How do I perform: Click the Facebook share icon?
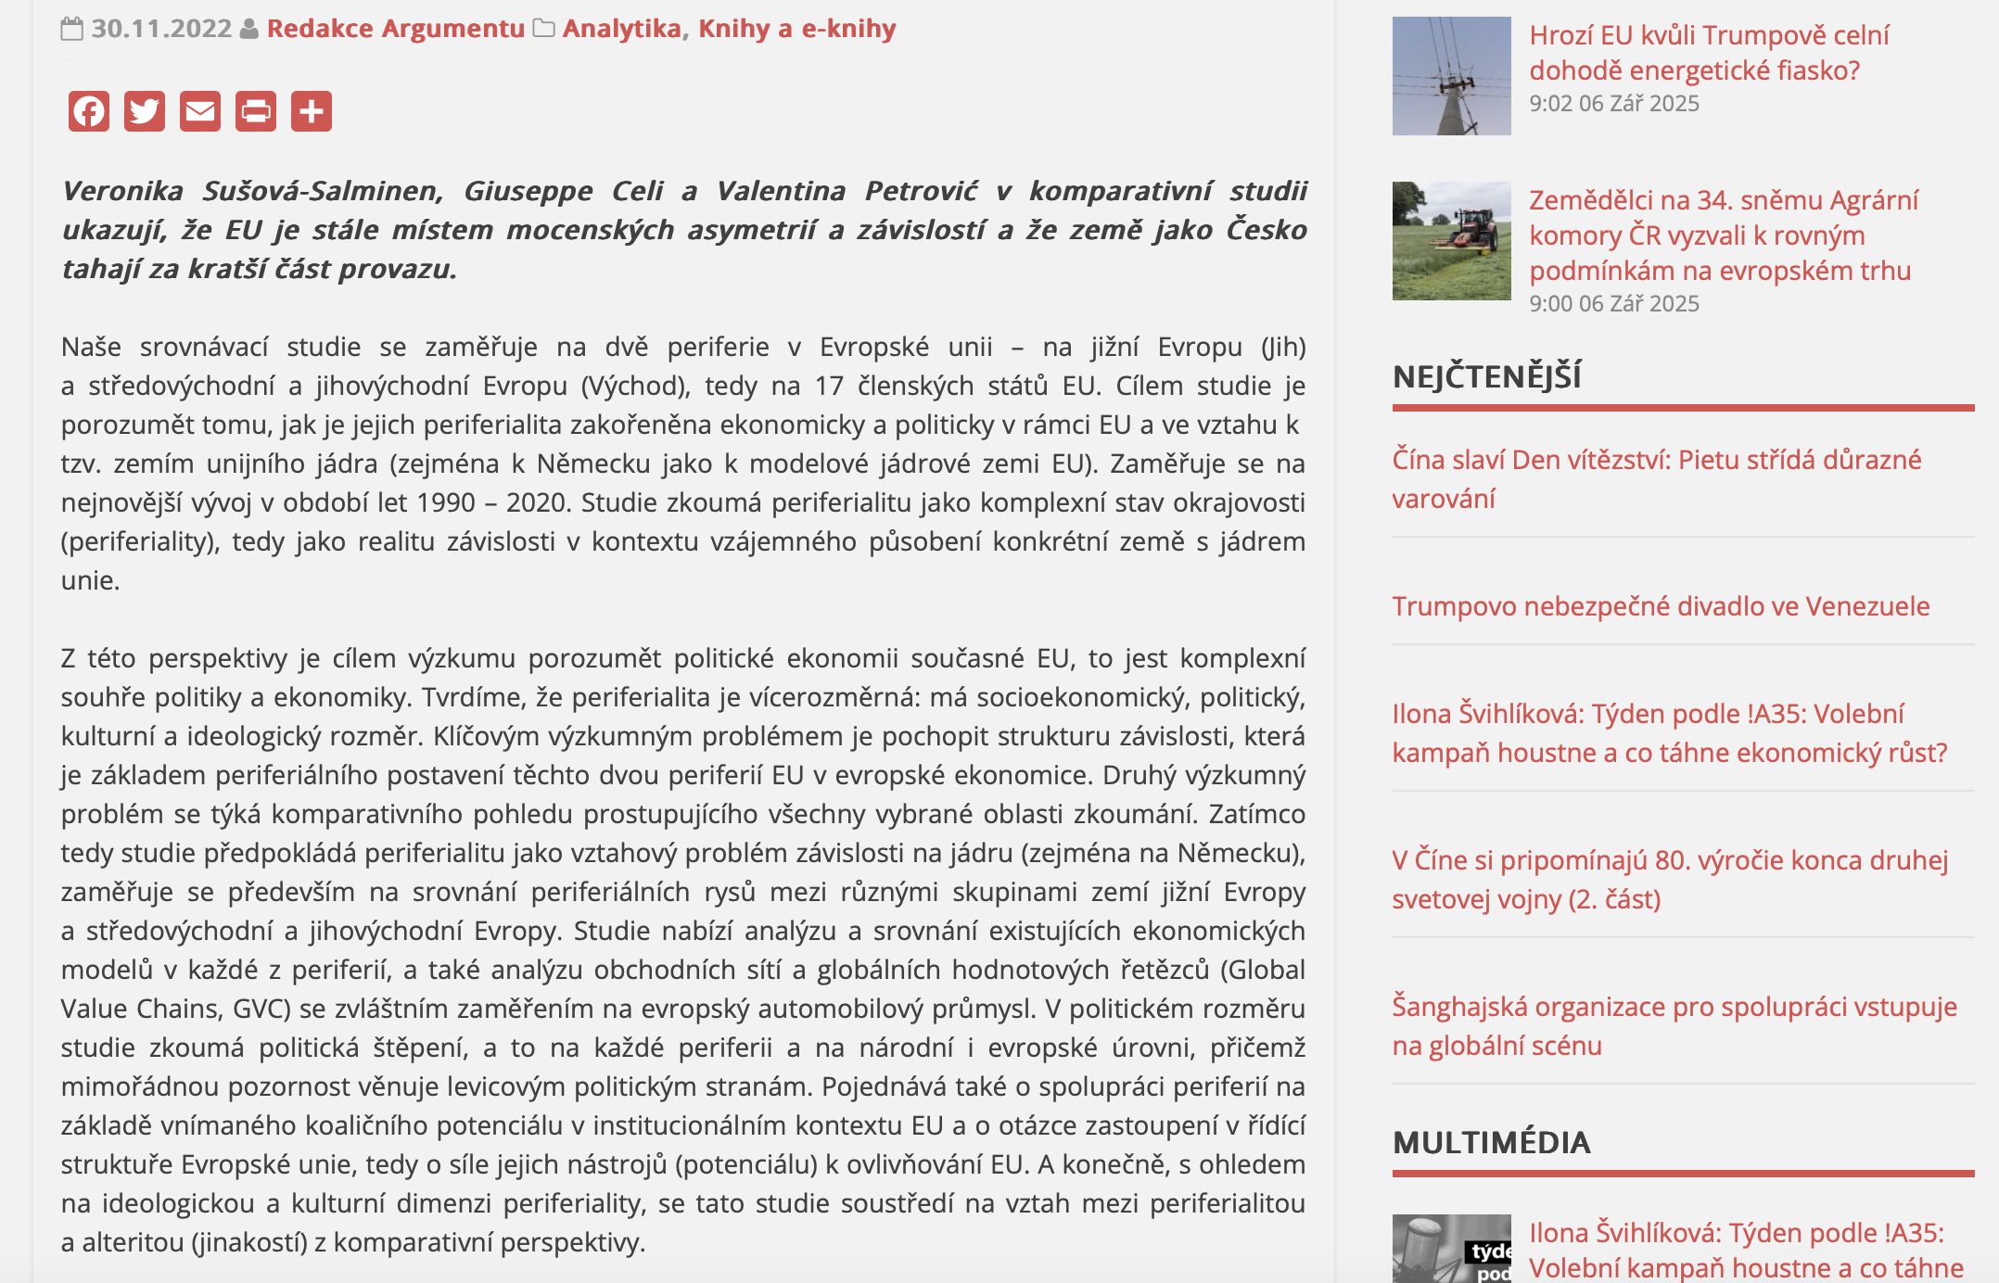click(x=89, y=112)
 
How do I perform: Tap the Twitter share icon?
click(x=145, y=112)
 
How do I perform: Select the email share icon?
click(x=200, y=112)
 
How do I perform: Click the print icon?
click(x=256, y=112)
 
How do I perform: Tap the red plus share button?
click(x=312, y=112)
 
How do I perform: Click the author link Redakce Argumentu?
click(x=396, y=29)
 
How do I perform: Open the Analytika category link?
click(x=621, y=29)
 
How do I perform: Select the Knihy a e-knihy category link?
click(x=796, y=29)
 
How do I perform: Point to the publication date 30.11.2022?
click(x=161, y=29)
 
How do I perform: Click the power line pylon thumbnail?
click(x=1451, y=76)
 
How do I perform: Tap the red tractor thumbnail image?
click(x=1451, y=241)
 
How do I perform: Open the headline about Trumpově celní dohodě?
click(x=1708, y=53)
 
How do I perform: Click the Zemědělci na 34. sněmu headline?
click(x=1723, y=235)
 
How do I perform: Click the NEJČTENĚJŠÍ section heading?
click(x=1486, y=376)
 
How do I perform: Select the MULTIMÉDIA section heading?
click(x=1491, y=1142)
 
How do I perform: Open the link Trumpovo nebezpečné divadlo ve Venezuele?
click(x=1660, y=606)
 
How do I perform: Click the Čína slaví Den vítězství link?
click(x=1656, y=478)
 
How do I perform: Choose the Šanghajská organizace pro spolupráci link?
click(x=1674, y=1025)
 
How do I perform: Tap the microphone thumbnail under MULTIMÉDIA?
click(x=1451, y=1250)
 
